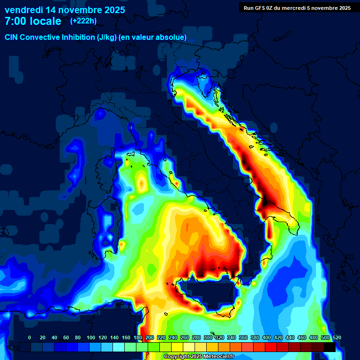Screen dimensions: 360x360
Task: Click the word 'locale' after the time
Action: [x=46, y=21]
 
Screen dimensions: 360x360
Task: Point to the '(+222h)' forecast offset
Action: [x=83, y=21]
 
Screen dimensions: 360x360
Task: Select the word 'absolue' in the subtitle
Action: [x=172, y=37]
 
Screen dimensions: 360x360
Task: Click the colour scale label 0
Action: [x=30, y=338]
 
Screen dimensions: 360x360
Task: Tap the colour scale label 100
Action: [x=90, y=338]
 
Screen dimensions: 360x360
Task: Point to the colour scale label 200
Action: [x=150, y=338]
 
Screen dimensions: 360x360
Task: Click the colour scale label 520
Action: [x=337, y=338]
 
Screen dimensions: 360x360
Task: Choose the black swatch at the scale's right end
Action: [x=329, y=347]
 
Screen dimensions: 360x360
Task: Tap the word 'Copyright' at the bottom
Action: [x=177, y=357]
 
